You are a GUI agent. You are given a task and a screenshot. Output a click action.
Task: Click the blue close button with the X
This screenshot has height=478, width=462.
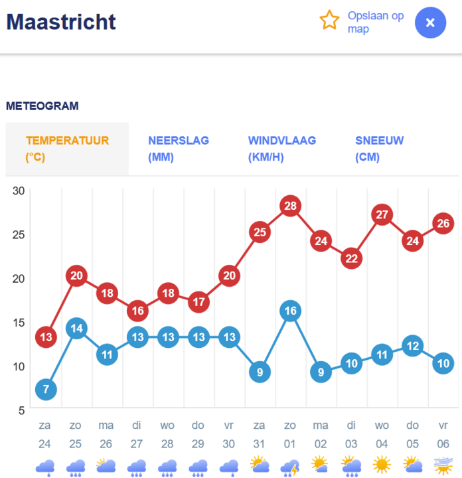tap(430, 23)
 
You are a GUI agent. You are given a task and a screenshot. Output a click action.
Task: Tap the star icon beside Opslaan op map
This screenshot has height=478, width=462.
tap(330, 21)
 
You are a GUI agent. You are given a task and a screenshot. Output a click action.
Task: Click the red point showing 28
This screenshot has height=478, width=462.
tap(290, 206)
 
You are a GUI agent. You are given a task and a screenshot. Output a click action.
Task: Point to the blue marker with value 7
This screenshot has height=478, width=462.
tap(46, 389)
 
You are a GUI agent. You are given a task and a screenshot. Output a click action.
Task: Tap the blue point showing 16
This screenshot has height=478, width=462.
tap(290, 311)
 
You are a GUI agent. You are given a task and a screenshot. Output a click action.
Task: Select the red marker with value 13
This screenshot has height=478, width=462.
tap(46, 337)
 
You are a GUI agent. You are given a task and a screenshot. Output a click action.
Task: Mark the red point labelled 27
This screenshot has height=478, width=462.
tap(382, 214)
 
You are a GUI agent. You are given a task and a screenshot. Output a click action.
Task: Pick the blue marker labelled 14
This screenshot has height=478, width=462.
tap(76, 328)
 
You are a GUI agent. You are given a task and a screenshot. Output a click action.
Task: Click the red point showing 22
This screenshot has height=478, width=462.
tap(351, 258)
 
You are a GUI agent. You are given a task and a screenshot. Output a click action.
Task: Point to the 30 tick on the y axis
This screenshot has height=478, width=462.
tap(19, 191)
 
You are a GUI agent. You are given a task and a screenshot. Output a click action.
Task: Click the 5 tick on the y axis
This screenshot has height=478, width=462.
tap(21, 410)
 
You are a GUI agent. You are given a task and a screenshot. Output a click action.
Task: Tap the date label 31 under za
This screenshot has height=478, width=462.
tap(260, 443)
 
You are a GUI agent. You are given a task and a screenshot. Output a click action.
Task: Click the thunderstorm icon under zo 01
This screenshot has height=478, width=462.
tap(290, 467)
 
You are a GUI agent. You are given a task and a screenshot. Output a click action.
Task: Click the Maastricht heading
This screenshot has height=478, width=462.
tap(61, 22)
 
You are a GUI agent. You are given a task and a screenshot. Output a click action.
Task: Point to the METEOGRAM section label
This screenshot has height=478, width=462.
tap(42, 106)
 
